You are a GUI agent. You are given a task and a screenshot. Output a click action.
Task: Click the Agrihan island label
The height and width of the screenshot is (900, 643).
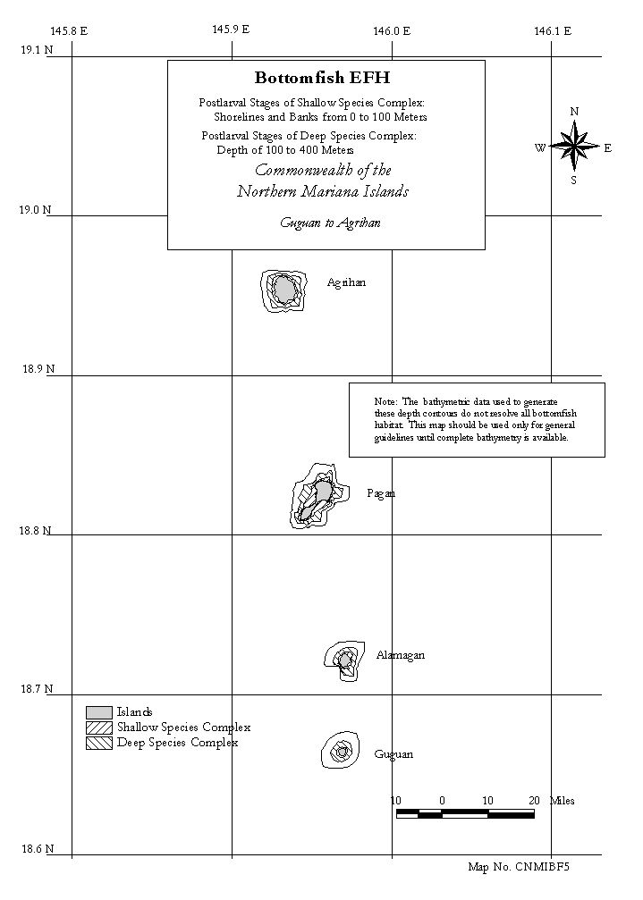(346, 282)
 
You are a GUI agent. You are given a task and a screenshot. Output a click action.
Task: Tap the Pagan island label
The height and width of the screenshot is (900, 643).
(381, 493)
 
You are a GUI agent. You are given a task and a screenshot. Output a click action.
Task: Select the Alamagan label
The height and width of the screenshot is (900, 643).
(401, 655)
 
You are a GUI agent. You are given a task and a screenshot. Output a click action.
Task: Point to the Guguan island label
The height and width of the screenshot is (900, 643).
(393, 754)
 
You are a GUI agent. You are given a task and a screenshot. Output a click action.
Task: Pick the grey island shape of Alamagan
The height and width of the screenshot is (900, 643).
(344, 660)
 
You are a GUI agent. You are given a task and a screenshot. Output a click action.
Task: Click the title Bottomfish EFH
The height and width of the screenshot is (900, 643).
(323, 78)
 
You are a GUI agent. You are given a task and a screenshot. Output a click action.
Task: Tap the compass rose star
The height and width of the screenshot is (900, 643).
(574, 147)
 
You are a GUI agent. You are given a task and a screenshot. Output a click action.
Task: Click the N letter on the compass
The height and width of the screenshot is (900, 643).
(574, 112)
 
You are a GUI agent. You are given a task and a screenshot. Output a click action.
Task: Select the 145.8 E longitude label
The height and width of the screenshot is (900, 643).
(69, 31)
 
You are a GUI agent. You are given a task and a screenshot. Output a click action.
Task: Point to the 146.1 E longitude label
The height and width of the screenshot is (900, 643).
(553, 31)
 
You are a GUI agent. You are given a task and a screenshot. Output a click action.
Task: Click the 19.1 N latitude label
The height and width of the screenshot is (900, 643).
(37, 50)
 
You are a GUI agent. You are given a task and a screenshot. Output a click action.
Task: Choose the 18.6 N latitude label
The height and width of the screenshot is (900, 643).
(38, 849)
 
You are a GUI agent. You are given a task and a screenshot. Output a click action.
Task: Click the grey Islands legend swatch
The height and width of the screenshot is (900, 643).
(98, 712)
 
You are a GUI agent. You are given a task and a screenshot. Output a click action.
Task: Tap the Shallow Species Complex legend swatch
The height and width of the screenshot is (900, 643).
(98, 728)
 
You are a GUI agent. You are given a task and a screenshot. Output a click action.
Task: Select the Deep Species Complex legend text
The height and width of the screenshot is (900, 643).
(177, 743)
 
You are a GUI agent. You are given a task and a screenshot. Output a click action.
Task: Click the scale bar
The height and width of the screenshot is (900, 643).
(465, 813)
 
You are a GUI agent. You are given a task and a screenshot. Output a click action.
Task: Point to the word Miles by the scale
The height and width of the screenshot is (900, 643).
(562, 801)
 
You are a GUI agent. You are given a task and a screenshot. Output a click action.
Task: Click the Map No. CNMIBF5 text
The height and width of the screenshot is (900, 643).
(519, 867)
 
